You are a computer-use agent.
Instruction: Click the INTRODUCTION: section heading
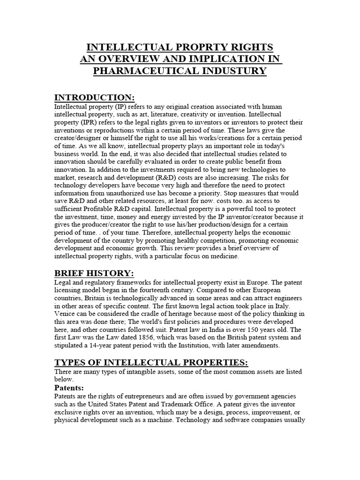95,97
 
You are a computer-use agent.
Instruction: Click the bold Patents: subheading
69,388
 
